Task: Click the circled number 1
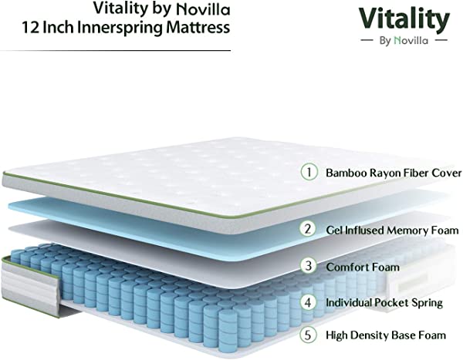coord(309,172)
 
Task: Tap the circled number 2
coord(308,229)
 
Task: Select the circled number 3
coord(309,266)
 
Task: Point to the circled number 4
coord(308,302)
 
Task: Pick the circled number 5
coord(308,335)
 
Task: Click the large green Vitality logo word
coord(404,19)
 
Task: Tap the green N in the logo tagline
coord(397,40)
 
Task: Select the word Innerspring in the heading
coord(120,28)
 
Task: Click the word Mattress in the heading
coord(198,28)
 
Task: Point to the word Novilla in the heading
coord(203,9)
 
